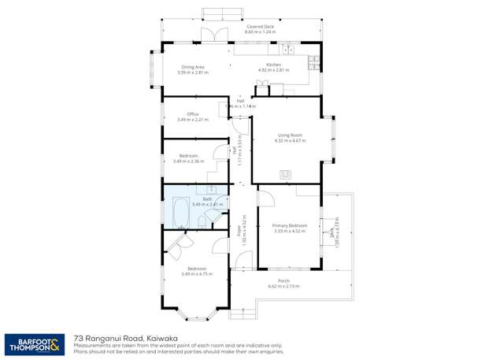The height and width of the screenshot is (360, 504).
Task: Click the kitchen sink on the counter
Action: coord(288,50)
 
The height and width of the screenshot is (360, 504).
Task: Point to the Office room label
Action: coord(182,114)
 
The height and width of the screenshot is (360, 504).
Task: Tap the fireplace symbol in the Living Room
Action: coord(285,174)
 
